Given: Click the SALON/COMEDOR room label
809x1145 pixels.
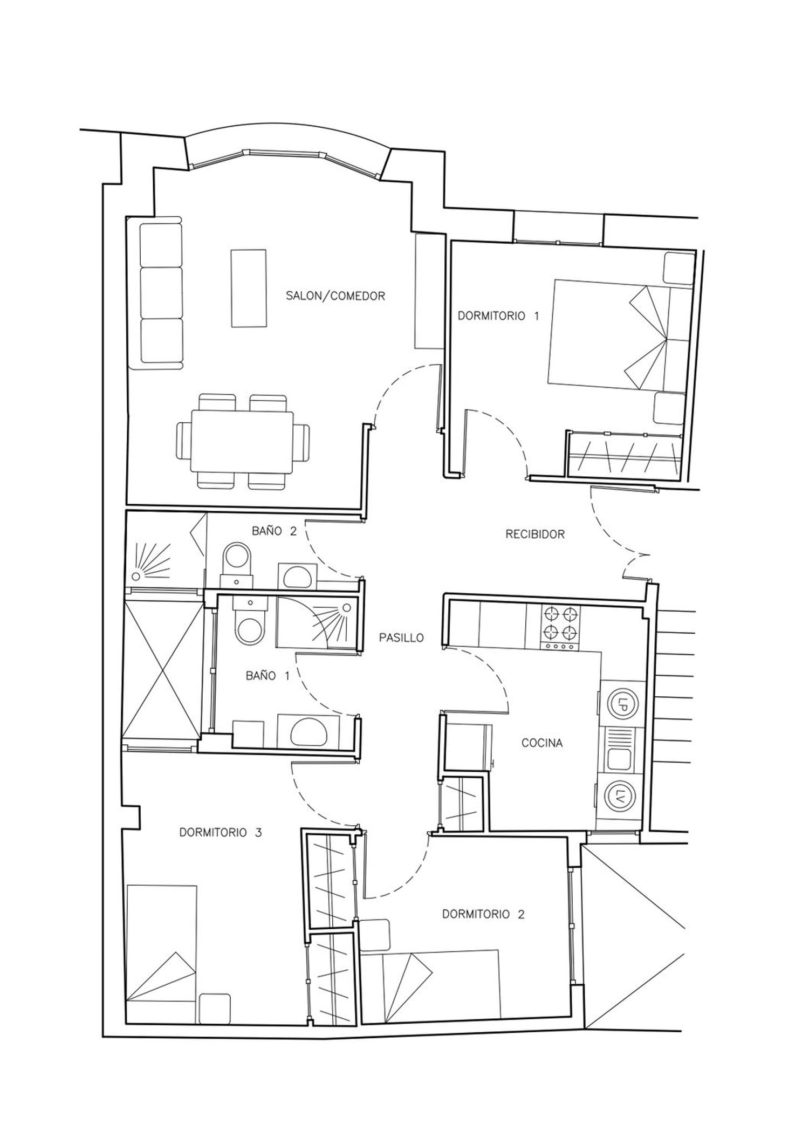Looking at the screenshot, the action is pos(335,296).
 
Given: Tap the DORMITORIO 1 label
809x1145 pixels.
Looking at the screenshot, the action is pos(498,316).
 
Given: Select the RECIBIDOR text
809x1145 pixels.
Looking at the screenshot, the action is pos(535,534).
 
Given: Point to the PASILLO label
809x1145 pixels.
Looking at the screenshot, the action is pos(401,637).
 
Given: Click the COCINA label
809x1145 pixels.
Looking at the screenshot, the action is pos(542,743).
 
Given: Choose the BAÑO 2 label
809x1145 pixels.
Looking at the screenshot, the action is pos(274,531).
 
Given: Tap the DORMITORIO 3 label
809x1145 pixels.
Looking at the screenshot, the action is pos(220,832).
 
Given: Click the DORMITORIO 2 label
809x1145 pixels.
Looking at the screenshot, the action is pos(483,914).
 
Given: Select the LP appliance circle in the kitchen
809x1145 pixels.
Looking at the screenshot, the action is pos(623,704).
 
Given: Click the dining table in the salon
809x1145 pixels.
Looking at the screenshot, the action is pos(243,442).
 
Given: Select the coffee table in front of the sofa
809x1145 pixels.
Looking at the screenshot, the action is pos(249,288).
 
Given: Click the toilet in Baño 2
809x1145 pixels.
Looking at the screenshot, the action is pos(237,564).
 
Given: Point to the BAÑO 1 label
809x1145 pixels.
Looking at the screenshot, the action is pos(268,676).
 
